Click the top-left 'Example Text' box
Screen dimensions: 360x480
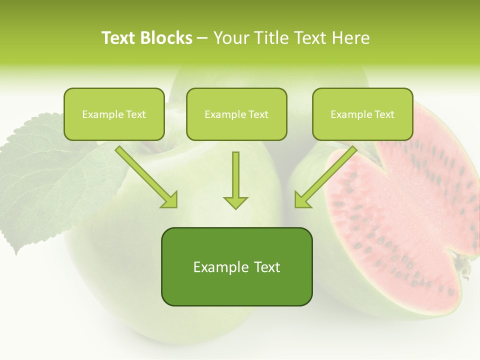point(114,114)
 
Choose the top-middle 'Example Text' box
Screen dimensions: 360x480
point(236,114)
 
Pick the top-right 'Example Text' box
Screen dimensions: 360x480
point(362,114)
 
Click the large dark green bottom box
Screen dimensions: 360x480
point(236,266)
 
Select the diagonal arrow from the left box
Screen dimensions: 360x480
point(145,175)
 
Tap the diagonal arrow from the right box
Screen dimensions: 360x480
point(327,175)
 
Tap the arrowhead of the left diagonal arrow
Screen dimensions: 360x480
point(170,199)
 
